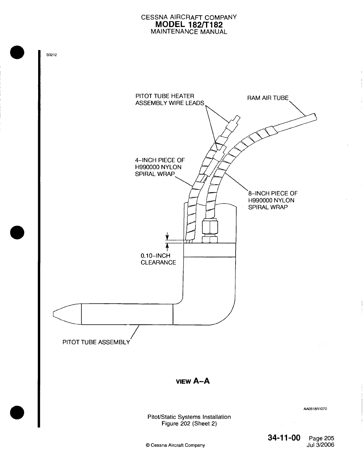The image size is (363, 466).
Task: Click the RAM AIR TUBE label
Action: tap(268, 98)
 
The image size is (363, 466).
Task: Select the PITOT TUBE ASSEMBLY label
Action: tap(96, 342)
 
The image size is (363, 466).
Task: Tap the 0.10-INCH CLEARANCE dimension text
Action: tap(158, 259)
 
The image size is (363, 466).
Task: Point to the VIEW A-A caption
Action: tap(192, 381)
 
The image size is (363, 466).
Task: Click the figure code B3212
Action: tap(51, 55)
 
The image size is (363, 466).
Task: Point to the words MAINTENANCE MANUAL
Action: tap(189, 32)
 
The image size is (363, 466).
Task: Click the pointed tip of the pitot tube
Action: tap(55, 314)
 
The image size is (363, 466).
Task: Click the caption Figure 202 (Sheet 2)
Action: tap(189, 424)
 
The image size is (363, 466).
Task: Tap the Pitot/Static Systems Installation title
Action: tap(189, 417)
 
